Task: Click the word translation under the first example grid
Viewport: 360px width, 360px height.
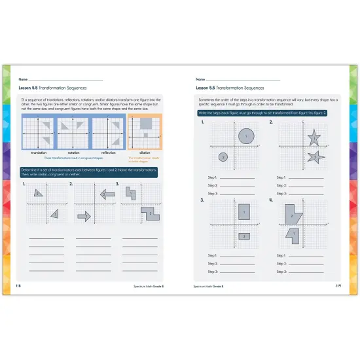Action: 39,151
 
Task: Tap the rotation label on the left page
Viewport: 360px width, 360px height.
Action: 73,151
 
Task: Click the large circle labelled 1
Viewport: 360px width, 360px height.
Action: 246,136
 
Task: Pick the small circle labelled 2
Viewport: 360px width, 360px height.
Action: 223,157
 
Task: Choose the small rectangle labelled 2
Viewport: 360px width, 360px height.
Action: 245,235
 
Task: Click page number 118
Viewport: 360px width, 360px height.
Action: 17,285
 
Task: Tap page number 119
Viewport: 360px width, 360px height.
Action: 338,285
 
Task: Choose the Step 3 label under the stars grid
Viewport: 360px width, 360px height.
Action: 281,194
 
